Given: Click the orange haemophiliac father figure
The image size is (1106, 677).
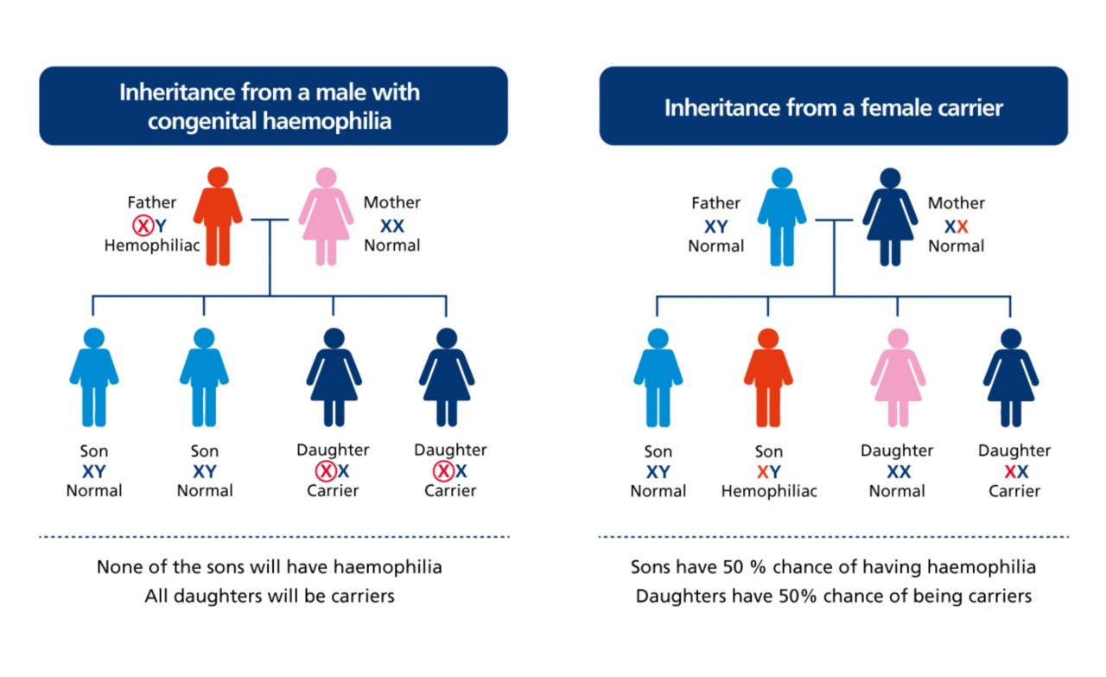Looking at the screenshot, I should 218,220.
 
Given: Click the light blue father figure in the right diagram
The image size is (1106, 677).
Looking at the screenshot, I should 782,220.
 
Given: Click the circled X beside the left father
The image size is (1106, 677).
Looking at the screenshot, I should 143,226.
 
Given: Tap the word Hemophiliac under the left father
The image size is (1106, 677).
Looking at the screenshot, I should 152,246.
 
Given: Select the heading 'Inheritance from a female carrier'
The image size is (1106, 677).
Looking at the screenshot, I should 833,107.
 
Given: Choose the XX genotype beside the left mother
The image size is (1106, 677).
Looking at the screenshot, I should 392,226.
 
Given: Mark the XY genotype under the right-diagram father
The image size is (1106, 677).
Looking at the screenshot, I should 715,227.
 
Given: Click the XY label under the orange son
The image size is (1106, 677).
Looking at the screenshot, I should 768,472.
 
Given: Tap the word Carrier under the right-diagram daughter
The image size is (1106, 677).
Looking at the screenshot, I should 1014,491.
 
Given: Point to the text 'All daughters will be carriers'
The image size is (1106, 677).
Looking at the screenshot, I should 270,597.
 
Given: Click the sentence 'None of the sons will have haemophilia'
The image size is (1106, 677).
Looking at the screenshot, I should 270,568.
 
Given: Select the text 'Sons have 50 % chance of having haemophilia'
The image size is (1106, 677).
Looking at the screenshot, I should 833,568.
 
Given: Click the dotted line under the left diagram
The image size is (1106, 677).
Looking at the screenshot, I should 274,537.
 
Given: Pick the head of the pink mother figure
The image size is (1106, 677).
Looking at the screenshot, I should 326,177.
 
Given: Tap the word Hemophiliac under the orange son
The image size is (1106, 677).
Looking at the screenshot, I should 769,491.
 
